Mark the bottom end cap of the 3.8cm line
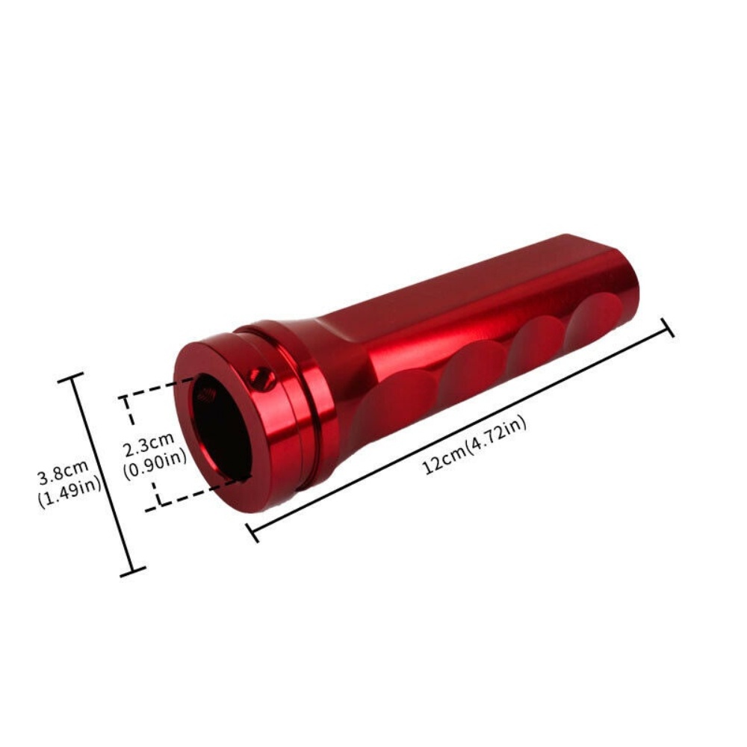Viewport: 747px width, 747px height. (x=132, y=572)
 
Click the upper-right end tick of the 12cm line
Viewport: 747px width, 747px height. (x=668, y=327)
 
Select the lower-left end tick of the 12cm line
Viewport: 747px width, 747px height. (x=252, y=531)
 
